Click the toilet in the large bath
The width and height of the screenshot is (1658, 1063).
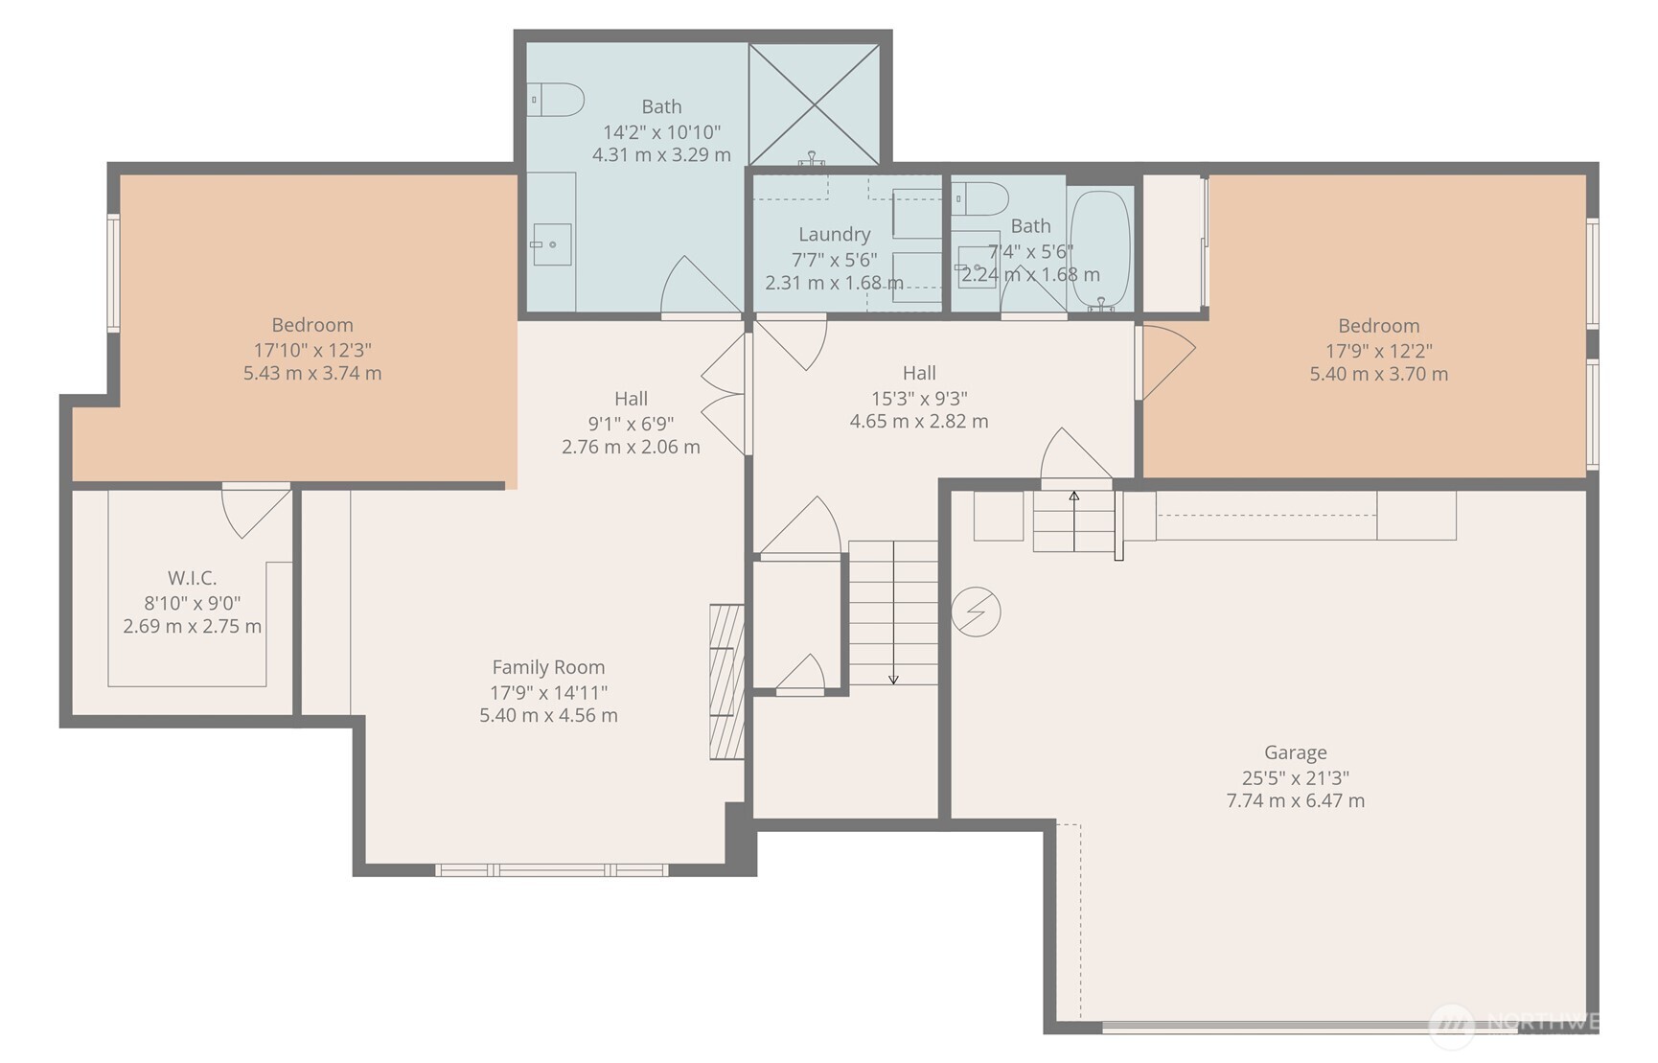(x=557, y=100)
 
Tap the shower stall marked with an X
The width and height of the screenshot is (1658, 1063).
(x=814, y=104)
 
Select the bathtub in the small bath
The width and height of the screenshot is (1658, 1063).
(x=1099, y=247)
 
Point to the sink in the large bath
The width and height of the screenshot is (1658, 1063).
(x=552, y=244)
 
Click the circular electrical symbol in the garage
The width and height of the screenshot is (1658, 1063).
(x=976, y=612)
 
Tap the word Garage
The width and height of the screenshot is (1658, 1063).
(x=1295, y=752)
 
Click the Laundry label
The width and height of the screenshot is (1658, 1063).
(x=834, y=234)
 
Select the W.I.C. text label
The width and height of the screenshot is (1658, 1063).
(x=192, y=578)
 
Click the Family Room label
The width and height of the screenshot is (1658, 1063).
(x=548, y=667)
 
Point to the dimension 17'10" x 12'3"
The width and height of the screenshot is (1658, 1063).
(x=312, y=350)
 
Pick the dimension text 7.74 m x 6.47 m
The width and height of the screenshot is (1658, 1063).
(x=1295, y=800)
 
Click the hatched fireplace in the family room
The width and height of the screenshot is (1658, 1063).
(x=726, y=682)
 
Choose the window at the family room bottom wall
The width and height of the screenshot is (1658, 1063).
(x=552, y=870)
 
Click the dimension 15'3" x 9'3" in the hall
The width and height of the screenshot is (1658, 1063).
(x=918, y=397)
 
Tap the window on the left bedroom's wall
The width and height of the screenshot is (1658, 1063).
(x=113, y=273)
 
